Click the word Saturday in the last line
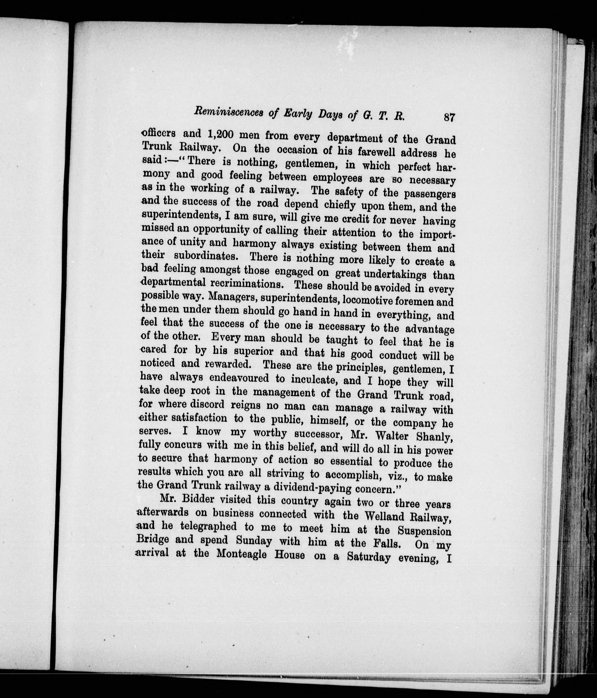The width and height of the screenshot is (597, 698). (368, 556)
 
